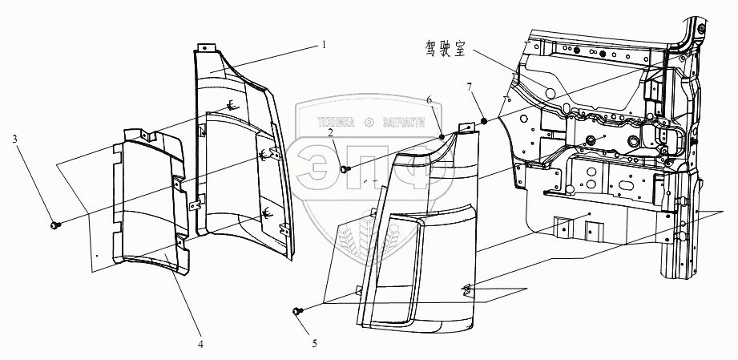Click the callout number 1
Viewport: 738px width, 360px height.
(323, 44)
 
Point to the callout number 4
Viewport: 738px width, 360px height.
(200, 345)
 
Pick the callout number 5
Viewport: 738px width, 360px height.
(315, 344)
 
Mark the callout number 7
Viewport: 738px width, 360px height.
(470, 85)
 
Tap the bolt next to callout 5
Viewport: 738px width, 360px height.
(298, 310)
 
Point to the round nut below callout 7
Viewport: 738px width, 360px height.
(485, 121)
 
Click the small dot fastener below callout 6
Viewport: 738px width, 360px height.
(442, 137)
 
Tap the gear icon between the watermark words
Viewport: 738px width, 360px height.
(369, 122)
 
